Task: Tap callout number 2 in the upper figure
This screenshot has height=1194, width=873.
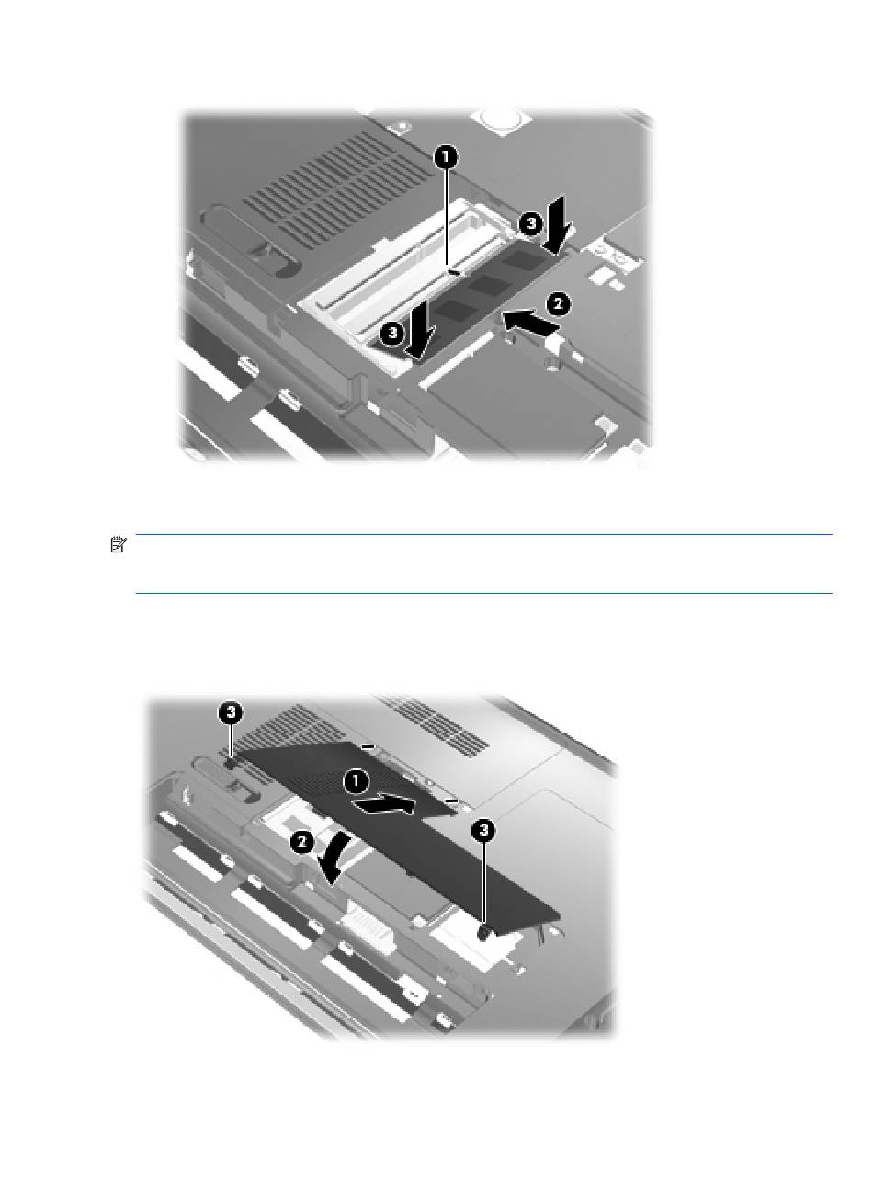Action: coord(558,304)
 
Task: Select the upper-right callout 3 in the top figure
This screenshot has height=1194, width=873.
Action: coord(530,224)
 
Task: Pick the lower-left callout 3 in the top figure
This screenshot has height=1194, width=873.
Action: coord(392,333)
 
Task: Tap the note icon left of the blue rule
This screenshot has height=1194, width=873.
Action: coord(119,545)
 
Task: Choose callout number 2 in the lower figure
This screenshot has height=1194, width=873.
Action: coord(302,842)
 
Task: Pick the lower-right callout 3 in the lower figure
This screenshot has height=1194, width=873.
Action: coord(483,830)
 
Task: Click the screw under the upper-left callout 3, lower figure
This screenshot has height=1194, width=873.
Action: coord(231,764)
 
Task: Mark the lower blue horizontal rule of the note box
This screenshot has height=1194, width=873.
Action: coord(484,593)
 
